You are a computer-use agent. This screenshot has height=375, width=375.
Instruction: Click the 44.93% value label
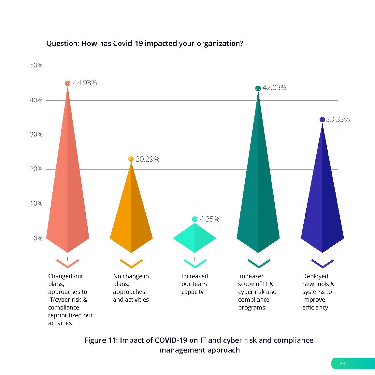(x=85, y=83)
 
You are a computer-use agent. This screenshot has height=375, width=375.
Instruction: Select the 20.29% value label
(x=148, y=159)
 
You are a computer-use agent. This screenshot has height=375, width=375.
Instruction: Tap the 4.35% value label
(x=209, y=219)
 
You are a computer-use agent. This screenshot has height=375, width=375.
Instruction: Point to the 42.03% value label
(x=274, y=88)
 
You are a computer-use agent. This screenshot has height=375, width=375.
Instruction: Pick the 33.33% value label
(x=338, y=120)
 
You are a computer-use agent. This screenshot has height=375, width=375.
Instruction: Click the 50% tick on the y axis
(x=36, y=65)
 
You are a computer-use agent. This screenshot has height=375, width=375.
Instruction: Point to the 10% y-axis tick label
(x=36, y=204)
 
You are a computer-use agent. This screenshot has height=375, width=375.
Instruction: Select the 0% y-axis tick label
(x=38, y=238)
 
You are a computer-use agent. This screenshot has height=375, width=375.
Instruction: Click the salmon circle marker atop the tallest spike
(x=67, y=83)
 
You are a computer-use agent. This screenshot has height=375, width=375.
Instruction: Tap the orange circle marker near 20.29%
(x=131, y=159)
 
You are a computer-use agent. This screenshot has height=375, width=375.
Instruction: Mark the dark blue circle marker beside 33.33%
(x=322, y=120)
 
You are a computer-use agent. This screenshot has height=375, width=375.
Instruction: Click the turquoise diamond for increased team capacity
(x=195, y=238)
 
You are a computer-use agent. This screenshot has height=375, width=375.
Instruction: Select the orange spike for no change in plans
(x=131, y=212)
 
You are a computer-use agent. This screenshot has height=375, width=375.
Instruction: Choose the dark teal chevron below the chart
(x=259, y=264)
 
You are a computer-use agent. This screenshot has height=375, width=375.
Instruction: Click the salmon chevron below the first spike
(x=68, y=264)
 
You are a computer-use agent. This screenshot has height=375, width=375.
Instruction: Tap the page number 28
(x=342, y=364)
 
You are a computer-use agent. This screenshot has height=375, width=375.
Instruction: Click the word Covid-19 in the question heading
(x=128, y=44)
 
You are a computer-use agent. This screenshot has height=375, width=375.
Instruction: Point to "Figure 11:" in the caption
(x=101, y=340)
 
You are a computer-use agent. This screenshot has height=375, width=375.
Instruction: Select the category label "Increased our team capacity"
(x=194, y=284)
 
